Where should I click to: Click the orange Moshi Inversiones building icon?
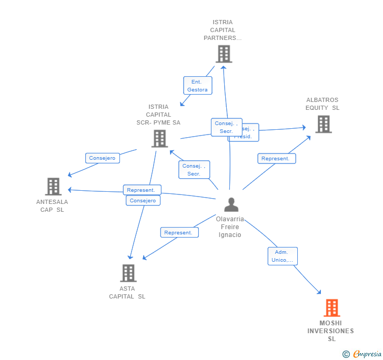pyautogui.click(x=331, y=308)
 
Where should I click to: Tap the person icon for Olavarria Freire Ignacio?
pyautogui.click(x=230, y=204)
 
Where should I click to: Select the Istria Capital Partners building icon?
pyautogui.click(x=224, y=54)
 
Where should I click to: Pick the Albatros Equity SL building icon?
pyautogui.click(x=323, y=124)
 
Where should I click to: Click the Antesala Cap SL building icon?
pyautogui.click(x=53, y=187)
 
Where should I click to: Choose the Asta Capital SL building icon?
pyautogui.click(x=128, y=273)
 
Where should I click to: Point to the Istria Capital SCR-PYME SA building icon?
pyautogui.click(x=159, y=138)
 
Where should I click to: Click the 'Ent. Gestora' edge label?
pyautogui.click(x=197, y=86)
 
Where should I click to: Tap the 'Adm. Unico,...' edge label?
pyautogui.click(x=283, y=256)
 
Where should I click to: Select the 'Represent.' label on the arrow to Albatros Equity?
pyautogui.click(x=276, y=158)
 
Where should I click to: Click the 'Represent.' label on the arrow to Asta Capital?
pyautogui.click(x=179, y=232)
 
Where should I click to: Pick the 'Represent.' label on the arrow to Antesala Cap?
pyautogui.click(x=142, y=190)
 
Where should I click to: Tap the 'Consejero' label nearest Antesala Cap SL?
pyautogui.click(x=103, y=158)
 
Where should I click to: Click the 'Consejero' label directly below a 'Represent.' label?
pyautogui.click(x=143, y=200)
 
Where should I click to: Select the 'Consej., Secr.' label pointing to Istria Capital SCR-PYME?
pyautogui.click(x=194, y=170)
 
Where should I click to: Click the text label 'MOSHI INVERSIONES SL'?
pyautogui.click(x=330, y=331)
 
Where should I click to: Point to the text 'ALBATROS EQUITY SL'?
pyautogui.click(x=322, y=104)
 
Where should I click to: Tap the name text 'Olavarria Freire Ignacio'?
pyautogui.click(x=230, y=227)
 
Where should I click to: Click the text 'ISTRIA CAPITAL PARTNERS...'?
pyautogui.click(x=223, y=30)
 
